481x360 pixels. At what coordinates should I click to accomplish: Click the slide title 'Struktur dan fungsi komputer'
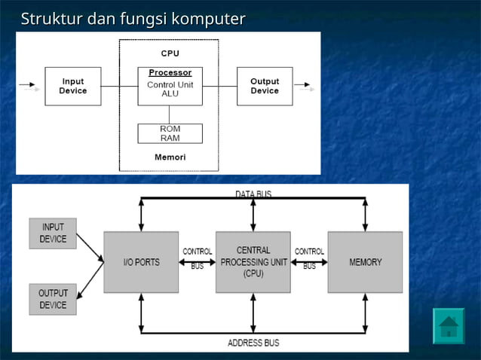133,18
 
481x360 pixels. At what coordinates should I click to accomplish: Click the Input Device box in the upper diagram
73,86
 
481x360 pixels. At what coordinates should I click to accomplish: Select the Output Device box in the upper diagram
265,86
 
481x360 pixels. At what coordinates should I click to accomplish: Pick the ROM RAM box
170,133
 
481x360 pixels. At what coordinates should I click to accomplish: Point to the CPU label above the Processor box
170,53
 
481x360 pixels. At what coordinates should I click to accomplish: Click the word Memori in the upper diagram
170,157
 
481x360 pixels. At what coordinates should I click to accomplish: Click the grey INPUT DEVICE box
53,233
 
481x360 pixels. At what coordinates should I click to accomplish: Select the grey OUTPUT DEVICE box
53,299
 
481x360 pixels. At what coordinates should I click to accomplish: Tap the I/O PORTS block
141,262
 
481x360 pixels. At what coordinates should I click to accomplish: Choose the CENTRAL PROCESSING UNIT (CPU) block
253,262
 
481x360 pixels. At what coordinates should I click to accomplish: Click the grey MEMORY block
365,262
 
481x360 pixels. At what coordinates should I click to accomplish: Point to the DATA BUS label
253,194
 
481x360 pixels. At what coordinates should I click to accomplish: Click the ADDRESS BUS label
253,343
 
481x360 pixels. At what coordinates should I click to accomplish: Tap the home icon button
449,326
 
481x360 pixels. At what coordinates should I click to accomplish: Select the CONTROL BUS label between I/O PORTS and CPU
198,258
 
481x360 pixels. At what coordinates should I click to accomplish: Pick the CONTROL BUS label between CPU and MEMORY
309,258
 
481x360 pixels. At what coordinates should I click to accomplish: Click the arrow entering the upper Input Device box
28,85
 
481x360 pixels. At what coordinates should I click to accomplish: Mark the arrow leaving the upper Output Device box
304,85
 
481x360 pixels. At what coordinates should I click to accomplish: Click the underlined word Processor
170,73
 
